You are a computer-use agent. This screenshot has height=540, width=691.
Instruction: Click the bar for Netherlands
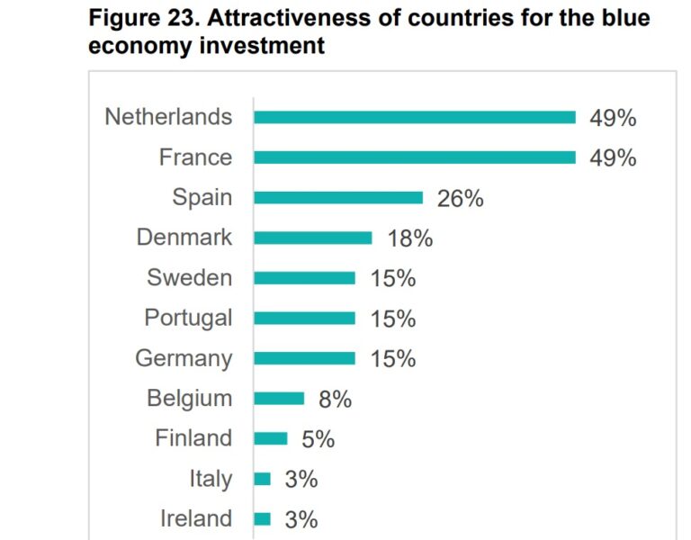click(x=414, y=117)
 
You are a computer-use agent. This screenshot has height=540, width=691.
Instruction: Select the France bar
click(x=414, y=157)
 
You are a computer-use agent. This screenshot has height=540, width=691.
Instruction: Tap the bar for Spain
click(x=338, y=198)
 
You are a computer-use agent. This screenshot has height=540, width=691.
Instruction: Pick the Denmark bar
click(x=312, y=238)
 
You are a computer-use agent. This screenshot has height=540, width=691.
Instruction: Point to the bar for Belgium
click(x=279, y=398)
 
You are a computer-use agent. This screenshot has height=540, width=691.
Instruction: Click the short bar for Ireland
click(x=262, y=518)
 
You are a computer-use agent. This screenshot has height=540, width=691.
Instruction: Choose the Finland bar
click(x=270, y=438)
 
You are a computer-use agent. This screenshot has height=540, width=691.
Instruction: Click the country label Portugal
click(x=188, y=318)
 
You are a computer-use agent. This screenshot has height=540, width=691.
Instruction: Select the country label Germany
click(x=184, y=358)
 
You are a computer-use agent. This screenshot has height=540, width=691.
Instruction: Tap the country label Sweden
click(x=189, y=278)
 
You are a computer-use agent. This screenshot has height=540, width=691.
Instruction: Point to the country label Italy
click(x=211, y=479)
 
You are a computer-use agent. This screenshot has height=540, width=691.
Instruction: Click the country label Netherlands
click(x=168, y=117)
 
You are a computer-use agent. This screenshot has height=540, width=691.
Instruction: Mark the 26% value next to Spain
click(x=460, y=198)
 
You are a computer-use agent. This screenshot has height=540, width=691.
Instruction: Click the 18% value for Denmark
click(x=410, y=238)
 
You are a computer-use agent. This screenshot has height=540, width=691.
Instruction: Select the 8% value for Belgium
click(x=335, y=399)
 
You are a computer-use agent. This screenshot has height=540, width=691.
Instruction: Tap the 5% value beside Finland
click(x=318, y=439)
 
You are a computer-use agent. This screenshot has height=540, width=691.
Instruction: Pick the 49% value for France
click(x=613, y=158)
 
